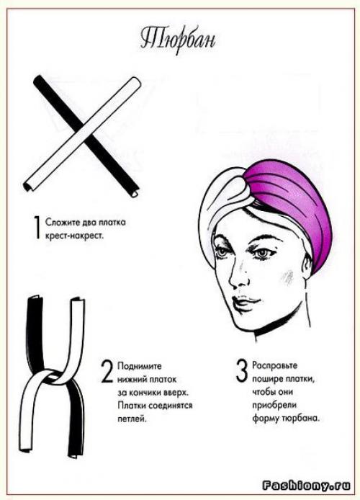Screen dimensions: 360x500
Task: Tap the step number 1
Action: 37,227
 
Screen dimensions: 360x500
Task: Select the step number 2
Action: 107,371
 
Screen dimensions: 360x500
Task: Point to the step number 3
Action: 242,370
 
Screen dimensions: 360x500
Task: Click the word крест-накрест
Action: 75,236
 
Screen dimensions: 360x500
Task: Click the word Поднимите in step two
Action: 140,366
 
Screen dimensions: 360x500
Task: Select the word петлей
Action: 132,419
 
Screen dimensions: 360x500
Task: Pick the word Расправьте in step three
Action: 274,365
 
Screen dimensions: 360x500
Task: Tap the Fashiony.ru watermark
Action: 307,486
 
